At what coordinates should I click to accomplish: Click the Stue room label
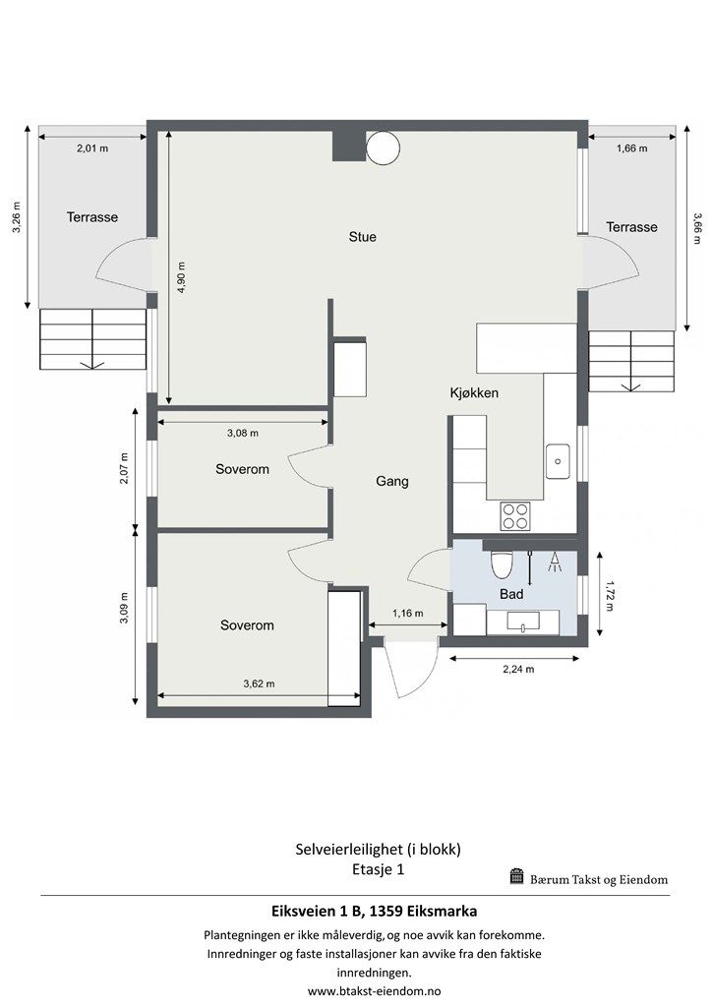pos(362,237)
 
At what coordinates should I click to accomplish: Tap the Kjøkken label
pos(474,393)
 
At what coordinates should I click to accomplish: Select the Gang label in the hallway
pos(391,482)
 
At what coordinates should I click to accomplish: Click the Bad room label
pos(511,595)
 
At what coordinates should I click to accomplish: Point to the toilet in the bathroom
pos(500,563)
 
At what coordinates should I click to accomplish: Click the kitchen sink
pos(558,461)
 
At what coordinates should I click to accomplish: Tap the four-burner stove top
pos(515,516)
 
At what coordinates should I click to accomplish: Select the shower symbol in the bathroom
pos(555,563)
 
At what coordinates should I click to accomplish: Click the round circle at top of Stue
pos(383,148)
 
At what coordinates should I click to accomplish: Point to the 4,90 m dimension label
pos(181,277)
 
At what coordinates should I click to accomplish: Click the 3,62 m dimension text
pos(259,684)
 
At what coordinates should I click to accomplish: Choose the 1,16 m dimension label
pos(408,614)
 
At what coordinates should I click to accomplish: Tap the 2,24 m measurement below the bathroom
pos(518,669)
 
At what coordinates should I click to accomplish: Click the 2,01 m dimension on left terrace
pos(92,148)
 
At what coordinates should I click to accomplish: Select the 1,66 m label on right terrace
pos(631,148)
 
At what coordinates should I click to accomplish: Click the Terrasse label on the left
pos(92,217)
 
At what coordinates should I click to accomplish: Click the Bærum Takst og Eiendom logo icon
pos(517,876)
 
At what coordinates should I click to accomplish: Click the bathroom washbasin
pos(522,622)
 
